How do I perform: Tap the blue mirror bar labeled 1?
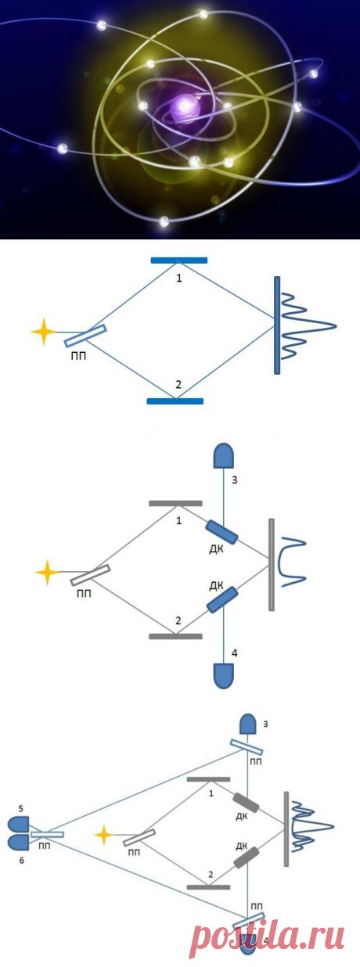click(x=178, y=261)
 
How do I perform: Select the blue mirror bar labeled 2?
click(x=175, y=401)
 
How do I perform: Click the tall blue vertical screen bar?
click(x=277, y=325)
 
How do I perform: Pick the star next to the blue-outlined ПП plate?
click(x=44, y=332)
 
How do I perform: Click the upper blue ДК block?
click(x=221, y=532)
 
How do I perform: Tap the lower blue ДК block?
click(x=222, y=599)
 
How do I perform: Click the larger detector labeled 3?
click(x=224, y=457)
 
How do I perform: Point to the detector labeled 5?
click(x=19, y=823)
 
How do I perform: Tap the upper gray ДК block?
click(x=246, y=803)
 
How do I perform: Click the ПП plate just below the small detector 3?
click(x=246, y=747)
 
